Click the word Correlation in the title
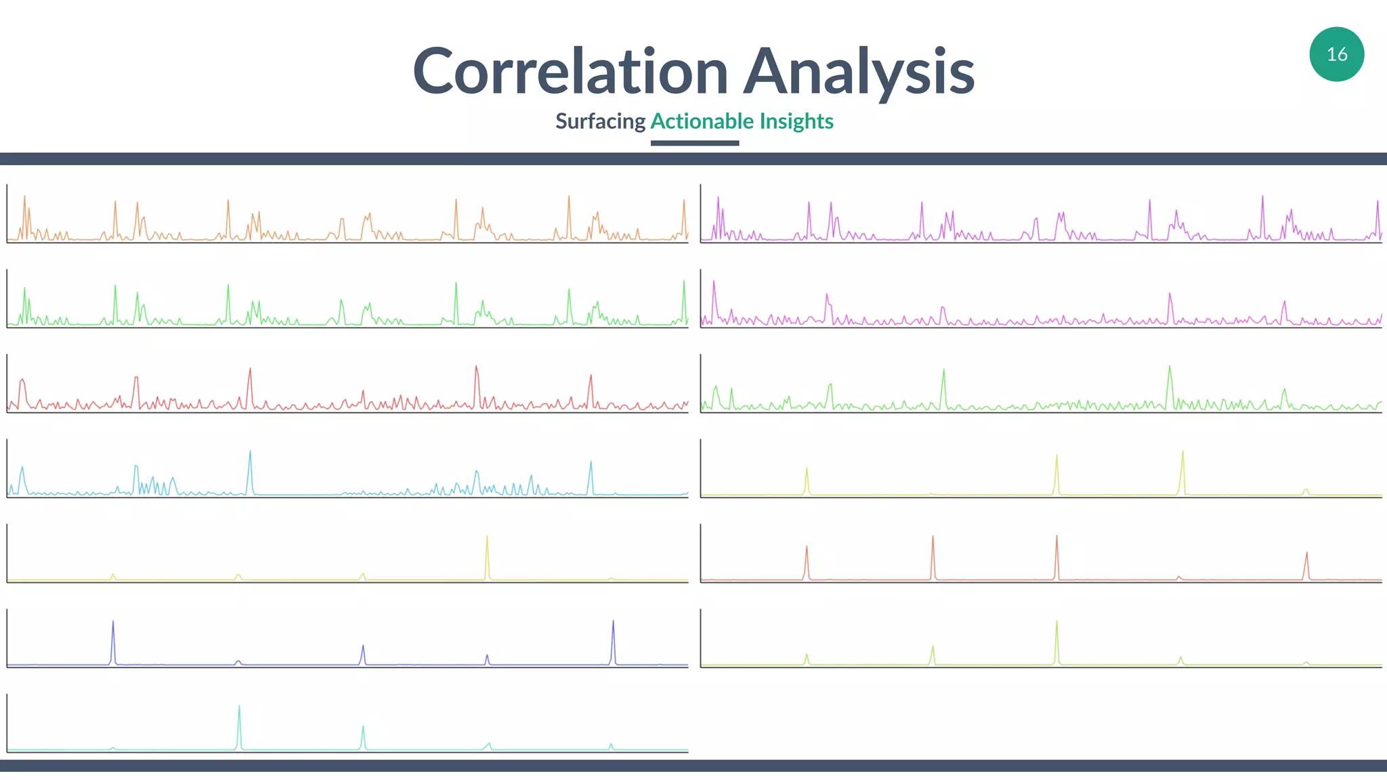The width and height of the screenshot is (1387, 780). pyautogui.click(x=570, y=71)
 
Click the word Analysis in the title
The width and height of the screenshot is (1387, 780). pyautogui.click(x=859, y=71)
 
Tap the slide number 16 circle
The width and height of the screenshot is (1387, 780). pyautogui.click(x=1336, y=54)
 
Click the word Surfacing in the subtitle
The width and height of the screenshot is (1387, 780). pyautogui.click(x=600, y=121)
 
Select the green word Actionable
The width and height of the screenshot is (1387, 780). pyautogui.click(x=702, y=121)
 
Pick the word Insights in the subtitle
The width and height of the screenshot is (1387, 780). pyautogui.click(x=796, y=121)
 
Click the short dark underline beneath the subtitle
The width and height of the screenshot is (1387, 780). pyautogui.click(x=694, y=143)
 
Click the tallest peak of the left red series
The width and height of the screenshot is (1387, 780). pyautogui.click(x=476, y=368)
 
